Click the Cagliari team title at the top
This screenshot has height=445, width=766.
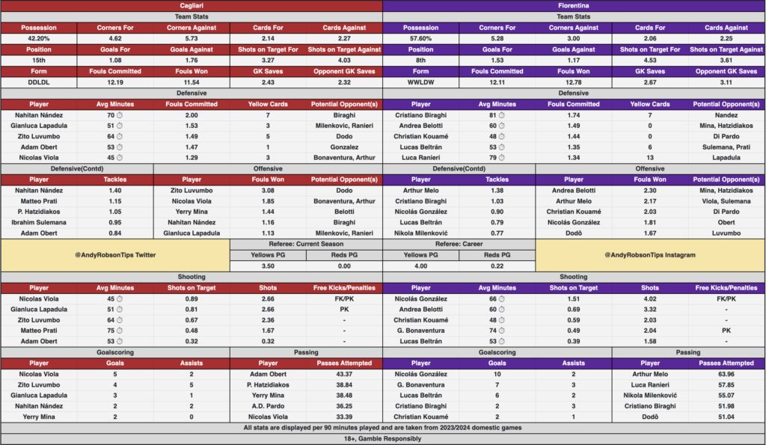click(191, 5)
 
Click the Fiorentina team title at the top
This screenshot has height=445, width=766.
click(574, 5)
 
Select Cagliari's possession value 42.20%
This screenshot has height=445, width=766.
click(39, 38)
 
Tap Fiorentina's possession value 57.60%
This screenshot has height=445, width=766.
click(421, 38)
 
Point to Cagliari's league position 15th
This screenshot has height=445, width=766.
click(39, 61)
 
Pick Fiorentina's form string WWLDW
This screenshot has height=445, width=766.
click(421, 82)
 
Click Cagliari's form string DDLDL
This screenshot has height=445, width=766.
click(39, 82)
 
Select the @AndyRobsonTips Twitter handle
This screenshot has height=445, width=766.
click(115, 255)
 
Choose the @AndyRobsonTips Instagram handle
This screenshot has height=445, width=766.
click(650, 255)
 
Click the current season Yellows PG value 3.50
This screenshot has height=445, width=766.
click(267, 266)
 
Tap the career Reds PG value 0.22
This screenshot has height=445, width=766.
click(497, 266)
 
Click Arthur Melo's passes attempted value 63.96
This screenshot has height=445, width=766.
click(726, 374)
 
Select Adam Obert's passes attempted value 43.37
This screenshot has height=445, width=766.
click(343, 374)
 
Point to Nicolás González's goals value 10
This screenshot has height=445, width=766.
click(497, 374)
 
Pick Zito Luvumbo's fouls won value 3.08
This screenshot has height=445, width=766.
click(267, 190)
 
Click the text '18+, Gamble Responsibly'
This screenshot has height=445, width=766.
click(382, 439)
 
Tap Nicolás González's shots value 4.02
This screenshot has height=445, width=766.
click(650, 298)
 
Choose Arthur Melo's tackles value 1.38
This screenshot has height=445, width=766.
click(497, 190)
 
